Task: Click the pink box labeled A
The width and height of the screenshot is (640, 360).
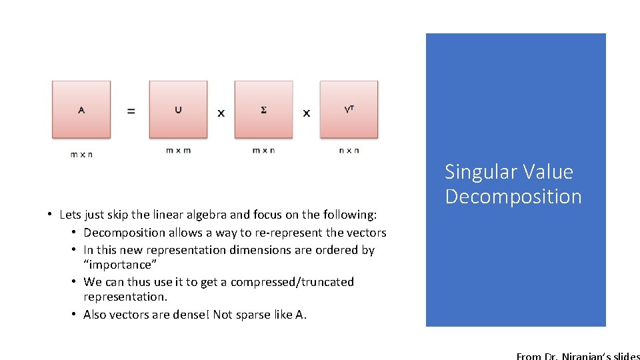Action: tap(81, 109)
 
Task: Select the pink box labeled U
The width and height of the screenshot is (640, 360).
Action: tap(178, 109)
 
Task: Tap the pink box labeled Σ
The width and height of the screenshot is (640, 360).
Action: tap(263, 109)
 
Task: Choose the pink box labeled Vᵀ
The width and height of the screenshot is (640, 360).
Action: tap(349, 109)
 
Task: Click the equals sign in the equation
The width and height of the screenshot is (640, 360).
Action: tap(131, 111)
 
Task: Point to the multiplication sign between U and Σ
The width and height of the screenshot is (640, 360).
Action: tap(221, 113)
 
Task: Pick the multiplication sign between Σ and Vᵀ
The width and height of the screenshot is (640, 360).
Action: tap(307, 113)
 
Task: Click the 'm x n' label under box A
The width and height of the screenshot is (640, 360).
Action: tap(81, 155)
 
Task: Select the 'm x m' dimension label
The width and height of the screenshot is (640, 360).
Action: tap(178, 150)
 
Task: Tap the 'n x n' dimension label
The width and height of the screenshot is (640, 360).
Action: tap(349, 150)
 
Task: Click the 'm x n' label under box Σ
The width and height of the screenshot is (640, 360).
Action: tap(263, 150)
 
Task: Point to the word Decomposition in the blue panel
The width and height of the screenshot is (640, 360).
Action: tap(513, 197)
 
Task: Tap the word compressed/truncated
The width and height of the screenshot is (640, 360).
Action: tap(291, 282)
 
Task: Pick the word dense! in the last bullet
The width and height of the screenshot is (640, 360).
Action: tap(191, 315)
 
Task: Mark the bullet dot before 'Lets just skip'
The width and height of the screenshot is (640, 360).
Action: tap(50, 215)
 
